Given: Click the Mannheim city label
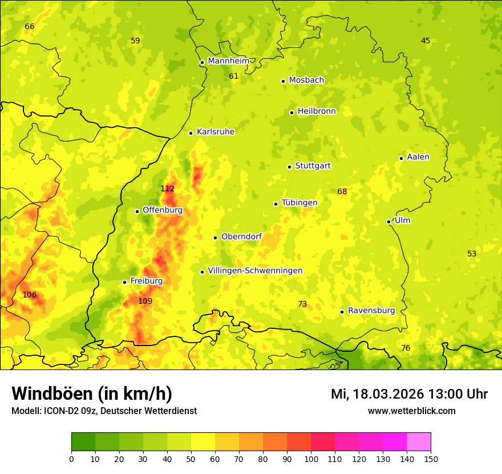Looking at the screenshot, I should [229, 61].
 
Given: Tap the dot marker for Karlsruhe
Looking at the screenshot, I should [191, 133].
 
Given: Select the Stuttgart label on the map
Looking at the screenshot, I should [313, 166].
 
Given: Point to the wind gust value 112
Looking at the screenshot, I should [167, 188].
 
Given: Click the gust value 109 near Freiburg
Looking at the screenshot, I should [145, 301].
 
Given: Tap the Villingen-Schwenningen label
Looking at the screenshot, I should [255, 271].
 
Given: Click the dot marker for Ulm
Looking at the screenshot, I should [389, 222].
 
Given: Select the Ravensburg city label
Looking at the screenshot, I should [371, 311].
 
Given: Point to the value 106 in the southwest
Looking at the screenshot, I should [29, 295].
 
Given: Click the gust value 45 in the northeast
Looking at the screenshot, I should [426, 41].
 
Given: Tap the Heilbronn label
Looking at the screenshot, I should [317, 111].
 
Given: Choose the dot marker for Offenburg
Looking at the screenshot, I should [137, 211].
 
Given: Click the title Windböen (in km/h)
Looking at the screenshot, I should [92, 393].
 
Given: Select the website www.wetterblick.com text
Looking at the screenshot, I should [411, 411].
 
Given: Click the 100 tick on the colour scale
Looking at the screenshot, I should [311, 459].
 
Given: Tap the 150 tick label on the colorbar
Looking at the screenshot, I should [430, 459].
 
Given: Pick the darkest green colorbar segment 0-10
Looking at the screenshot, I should [83, 442].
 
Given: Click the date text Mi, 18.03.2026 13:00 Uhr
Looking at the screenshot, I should [409, 394].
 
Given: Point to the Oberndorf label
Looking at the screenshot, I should [241, 236].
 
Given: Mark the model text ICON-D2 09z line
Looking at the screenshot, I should [104, 411].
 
